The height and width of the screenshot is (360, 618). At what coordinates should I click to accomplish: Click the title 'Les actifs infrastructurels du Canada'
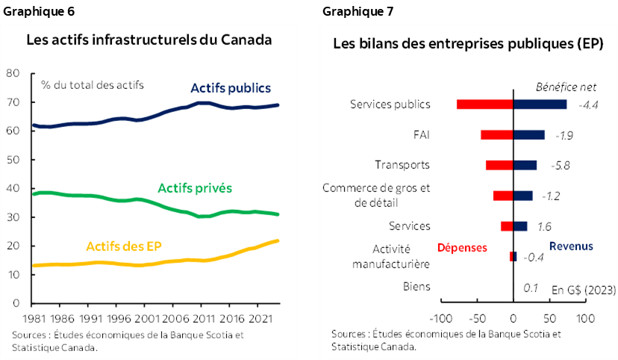pyautogui.click(x=149, y=40)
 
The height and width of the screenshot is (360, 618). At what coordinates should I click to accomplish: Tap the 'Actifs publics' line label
pyautogui.click(x=231, y=88)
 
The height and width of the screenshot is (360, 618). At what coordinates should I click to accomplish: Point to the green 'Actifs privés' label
pyautogui.click(x=194, y=189)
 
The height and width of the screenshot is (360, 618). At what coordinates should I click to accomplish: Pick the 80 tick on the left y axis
pyautogui.click(x=12, y=73)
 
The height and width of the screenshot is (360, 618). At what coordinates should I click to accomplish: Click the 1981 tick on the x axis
pyautogui.click(x=31, y=317)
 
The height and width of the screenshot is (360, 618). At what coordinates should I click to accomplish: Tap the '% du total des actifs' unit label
pyautogui.click(x=93, y=84)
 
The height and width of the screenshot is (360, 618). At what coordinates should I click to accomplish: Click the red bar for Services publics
pyautogui.click(x=484, y=105)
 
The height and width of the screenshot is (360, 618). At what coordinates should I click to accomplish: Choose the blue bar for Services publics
pyautogui.click(x=540, y=105)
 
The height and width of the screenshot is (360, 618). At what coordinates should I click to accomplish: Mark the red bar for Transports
pyautogui.click(x=499, y=165)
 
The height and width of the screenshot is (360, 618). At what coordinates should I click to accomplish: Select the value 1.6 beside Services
pyautogui.click(x=545, y=226)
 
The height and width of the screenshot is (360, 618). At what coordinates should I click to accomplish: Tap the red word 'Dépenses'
pyautogui.click(x=462, y=247)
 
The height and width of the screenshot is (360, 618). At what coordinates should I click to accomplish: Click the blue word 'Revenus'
pyautogui.click(x=571, y=246)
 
